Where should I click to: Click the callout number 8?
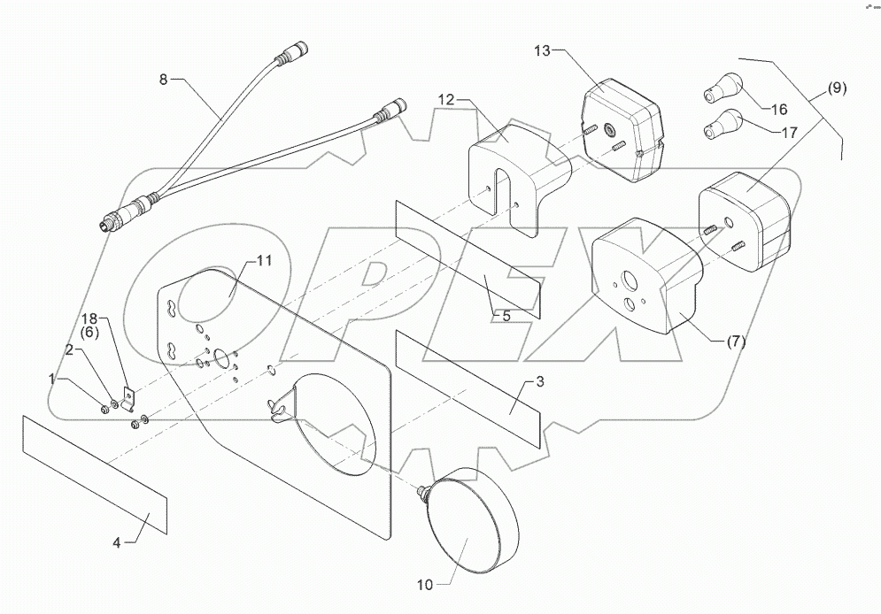point(162,81)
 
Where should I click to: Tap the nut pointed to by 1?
point(104,408)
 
